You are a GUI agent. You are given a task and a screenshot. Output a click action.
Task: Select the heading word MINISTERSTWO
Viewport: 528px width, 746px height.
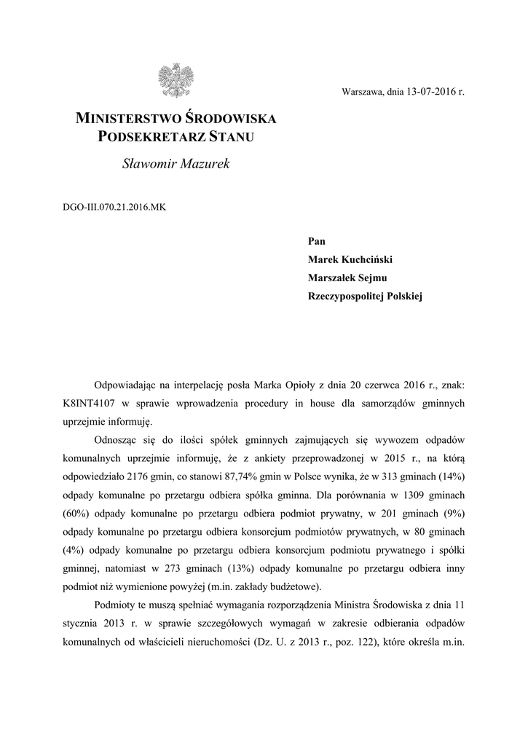[x=129, y=118]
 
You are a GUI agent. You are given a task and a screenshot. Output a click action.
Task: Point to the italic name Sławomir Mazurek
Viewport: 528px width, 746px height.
[x=176, y=165]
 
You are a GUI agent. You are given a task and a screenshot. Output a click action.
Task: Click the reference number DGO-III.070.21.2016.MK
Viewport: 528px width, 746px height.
[x=115, y=208]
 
